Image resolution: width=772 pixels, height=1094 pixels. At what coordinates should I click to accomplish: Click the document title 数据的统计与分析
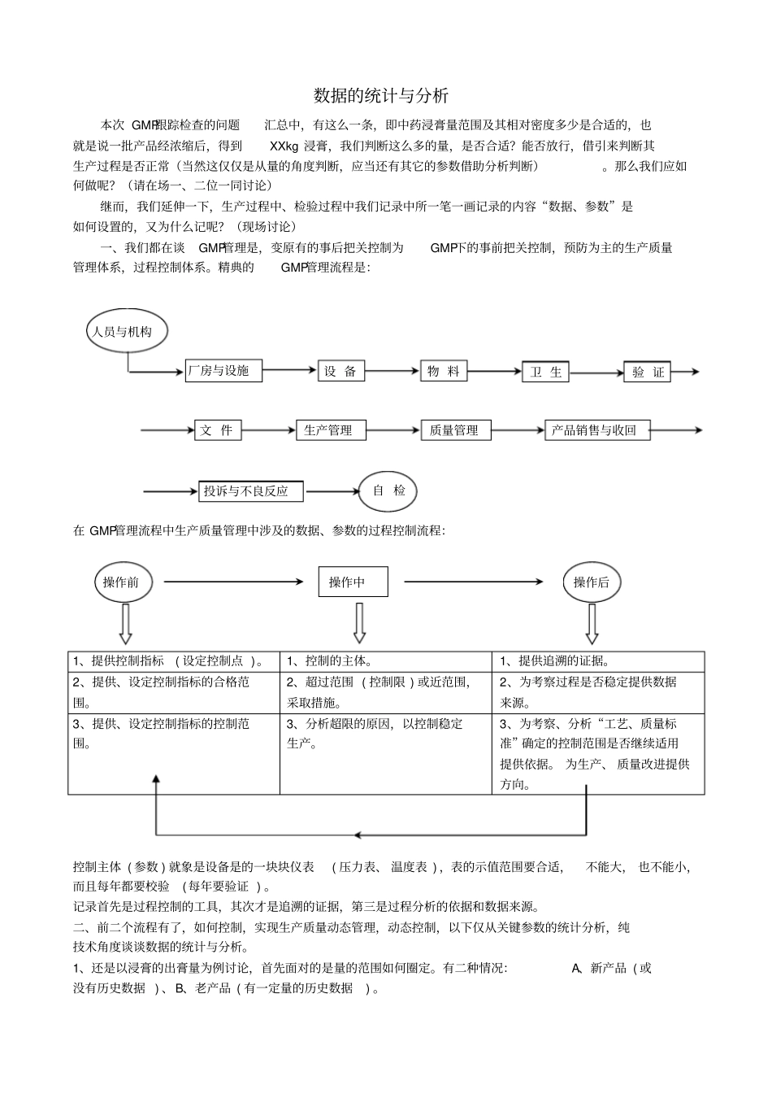[381, 96]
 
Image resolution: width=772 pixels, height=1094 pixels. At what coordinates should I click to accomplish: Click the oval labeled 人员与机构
[120, 331]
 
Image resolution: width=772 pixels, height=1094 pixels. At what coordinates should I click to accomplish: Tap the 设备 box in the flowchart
[341, 371]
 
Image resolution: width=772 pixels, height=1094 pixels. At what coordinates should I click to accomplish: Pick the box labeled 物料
[444, 371]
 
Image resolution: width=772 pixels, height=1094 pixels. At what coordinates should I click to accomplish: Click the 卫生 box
[545, 372]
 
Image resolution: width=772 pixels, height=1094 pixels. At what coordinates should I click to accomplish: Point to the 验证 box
[648, 372]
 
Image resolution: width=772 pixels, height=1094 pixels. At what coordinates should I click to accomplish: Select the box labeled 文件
[218, 430]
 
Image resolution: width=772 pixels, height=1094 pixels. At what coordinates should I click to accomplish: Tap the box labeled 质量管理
[455, 430]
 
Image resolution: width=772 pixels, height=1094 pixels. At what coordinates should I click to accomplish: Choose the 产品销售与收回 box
[597, 430]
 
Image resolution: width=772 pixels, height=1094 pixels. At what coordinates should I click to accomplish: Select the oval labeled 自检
[388, 490]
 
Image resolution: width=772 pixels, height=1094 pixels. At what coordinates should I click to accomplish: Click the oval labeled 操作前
[122, 582]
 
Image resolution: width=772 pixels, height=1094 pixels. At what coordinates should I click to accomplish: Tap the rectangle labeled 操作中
[353, 582]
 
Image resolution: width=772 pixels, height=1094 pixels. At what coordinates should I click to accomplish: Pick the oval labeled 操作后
[591, 582]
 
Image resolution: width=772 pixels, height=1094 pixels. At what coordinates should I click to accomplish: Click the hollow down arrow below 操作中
[359, 623]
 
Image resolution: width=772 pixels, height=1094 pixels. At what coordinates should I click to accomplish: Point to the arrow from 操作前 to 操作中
[233, 582]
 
